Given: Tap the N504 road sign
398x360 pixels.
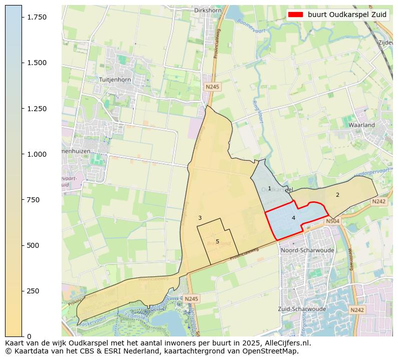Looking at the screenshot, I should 332,221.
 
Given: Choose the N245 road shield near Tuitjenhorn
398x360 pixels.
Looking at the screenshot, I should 212,87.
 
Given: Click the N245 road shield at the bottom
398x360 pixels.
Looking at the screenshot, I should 191,299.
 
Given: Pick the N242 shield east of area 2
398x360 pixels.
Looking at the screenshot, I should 379,201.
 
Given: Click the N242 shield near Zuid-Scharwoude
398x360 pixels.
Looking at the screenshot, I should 357,310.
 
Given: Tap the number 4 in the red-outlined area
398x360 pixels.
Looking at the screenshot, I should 293,218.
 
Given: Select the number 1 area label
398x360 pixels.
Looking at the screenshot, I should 269,189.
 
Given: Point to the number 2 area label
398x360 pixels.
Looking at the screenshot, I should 337,195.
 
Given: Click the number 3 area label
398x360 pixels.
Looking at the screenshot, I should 200,218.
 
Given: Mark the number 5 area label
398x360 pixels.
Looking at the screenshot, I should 217,241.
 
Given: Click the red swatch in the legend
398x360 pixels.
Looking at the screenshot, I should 296,15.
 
